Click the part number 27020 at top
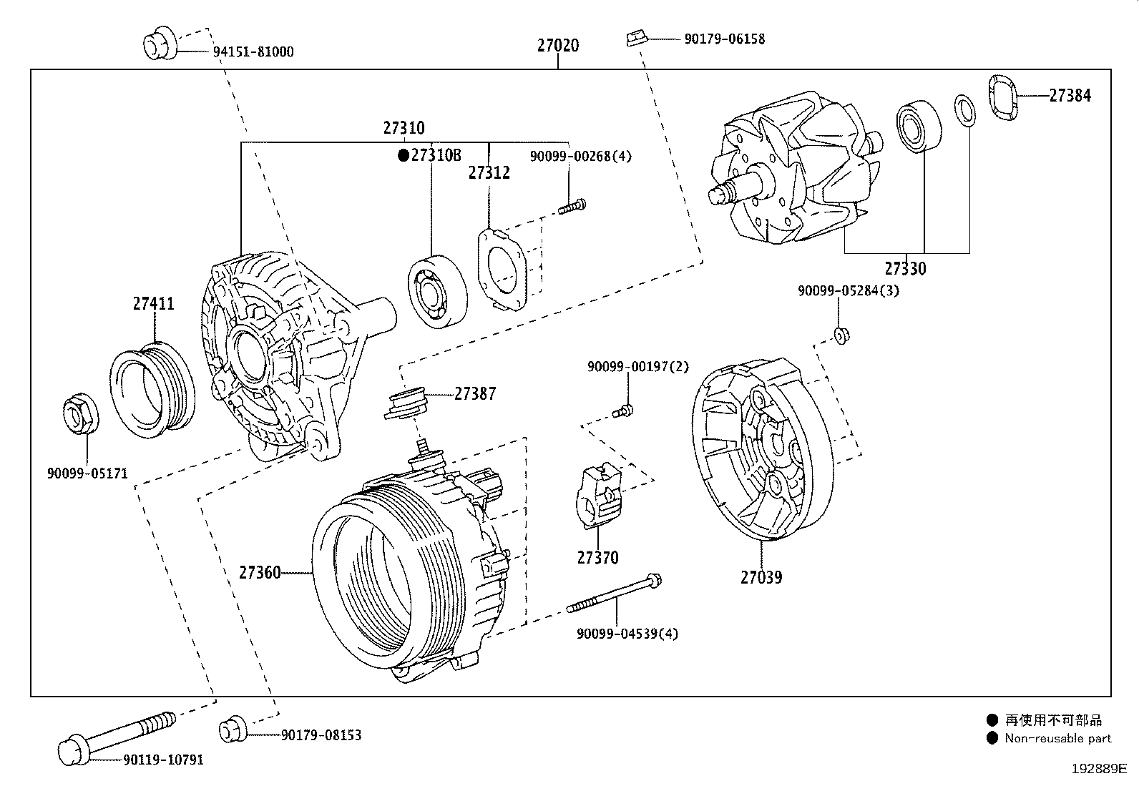click(558, 45)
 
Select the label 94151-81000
click(253, 51)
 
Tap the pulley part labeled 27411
click(152, 388)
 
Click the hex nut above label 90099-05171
click(80, 413)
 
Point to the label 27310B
click(436, 155)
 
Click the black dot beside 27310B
click(403, 155)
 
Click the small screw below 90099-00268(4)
click(573, 207)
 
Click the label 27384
click(1070, 95)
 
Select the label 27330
click(905, 269)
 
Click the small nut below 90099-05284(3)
click(842, 334)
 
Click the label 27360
click(260, 572)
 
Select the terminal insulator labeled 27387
click(407, 402)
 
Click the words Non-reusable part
click(1057, 738)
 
